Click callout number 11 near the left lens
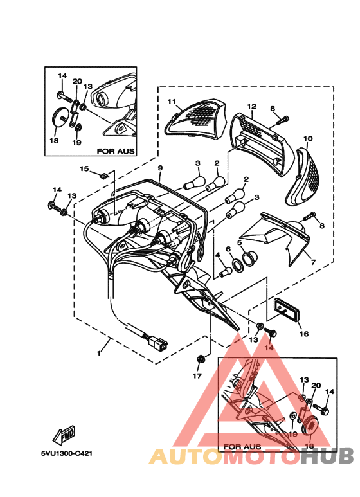pos(172,101)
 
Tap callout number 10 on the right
pos(308,138)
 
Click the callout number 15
pos(84,168)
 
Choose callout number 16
pos(304,334)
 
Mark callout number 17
pos(198,375)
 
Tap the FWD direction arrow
pos(65,437)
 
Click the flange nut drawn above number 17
pos(201,357)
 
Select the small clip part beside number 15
pos(104,174)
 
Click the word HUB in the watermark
pos(328,456)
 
